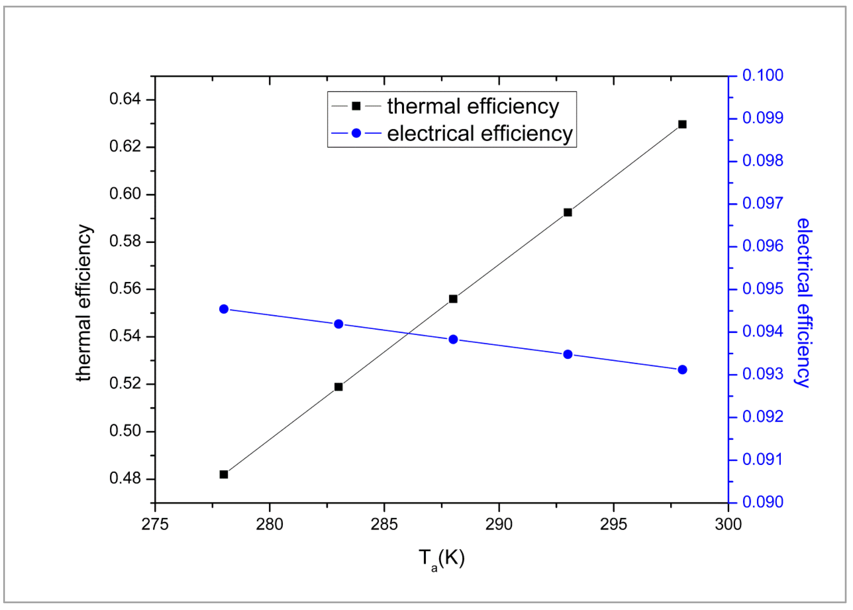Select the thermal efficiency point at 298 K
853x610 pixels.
click(682, 124)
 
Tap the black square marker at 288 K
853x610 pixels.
click(453, 299)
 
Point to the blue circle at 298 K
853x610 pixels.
click(682, 370)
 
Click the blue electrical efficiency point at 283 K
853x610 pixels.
click(338, 324)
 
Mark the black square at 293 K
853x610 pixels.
click(568, 213)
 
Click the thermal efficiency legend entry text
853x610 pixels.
click(473, 106)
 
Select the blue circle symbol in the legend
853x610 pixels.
click(356, 133)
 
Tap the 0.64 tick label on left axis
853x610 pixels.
click(125, 99)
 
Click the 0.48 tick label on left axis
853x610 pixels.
click(125, 479)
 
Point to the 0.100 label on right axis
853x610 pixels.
click(763, 75)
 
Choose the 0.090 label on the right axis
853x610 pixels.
click(763, 502)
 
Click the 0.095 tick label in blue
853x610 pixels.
click(763, 289)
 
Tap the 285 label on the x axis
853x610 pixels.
click(384, 525)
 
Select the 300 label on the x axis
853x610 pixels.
click(728, 525)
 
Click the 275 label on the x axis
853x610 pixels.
click(155, 525)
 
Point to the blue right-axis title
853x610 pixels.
click(804, 303)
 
